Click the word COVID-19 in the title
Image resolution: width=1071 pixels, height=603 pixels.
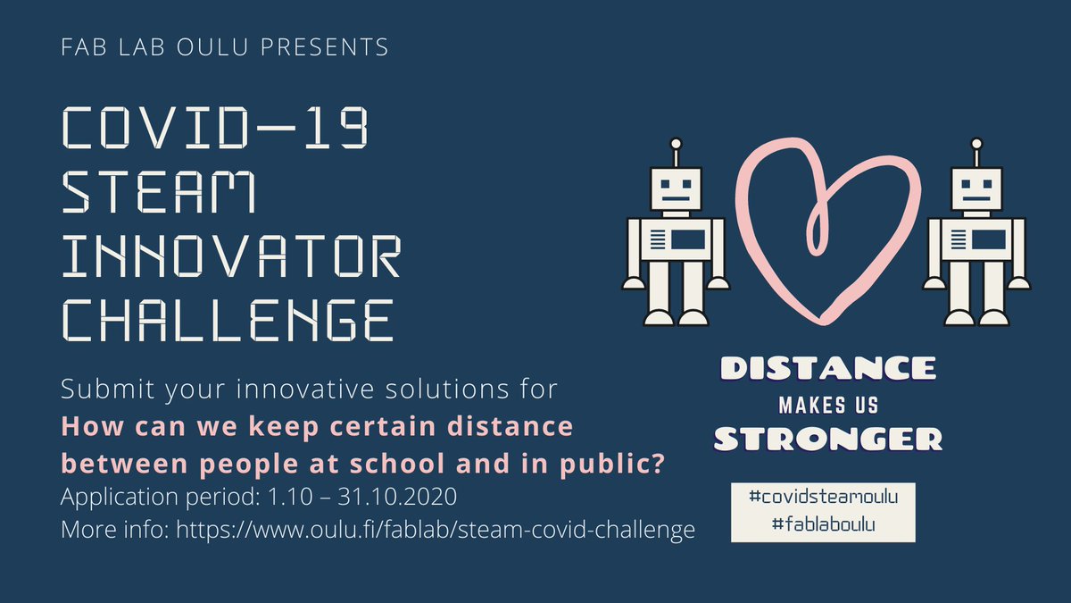(213, 129)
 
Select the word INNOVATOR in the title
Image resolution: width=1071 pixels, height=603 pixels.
(229, 255)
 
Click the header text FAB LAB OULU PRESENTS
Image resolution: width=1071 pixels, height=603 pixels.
(225, 46)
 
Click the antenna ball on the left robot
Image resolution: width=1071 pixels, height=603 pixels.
(676, 143)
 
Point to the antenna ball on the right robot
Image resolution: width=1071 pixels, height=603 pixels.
(976, 143)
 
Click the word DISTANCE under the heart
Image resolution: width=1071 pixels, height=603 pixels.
(827, 368)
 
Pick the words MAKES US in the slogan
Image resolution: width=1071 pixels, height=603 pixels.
(827, 405)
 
